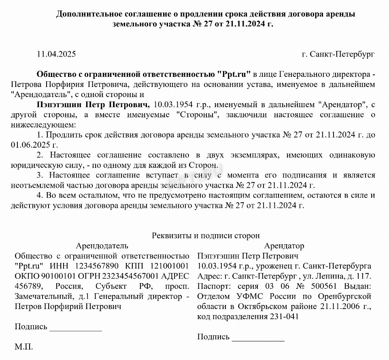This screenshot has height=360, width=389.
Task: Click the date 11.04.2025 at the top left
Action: [56, 54]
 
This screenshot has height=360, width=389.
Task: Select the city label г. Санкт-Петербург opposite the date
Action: [338, 54]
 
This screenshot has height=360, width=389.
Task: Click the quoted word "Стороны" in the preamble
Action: [198, 115]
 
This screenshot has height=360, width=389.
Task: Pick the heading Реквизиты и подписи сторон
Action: [206, 235]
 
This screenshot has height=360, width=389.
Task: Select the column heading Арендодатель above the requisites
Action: [102, 246]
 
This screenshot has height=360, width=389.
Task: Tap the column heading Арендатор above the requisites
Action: [284, 246]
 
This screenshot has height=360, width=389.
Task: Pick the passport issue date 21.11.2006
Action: [344, 307]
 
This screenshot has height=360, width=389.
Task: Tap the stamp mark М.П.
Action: [24, 347]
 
